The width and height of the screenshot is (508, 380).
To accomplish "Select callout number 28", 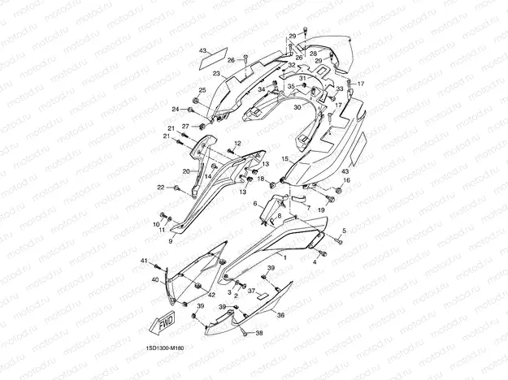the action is [313, 54].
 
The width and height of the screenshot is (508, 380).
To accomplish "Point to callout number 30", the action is [297, 107].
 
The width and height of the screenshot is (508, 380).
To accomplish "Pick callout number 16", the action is [345, 180].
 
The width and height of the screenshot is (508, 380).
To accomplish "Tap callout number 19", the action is [320, 210].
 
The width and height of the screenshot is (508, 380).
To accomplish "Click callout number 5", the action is [343, 231].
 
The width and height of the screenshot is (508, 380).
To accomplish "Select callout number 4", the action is [315, 262].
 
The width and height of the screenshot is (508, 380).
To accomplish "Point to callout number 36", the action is [281, 315].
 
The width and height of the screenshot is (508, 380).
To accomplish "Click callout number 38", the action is [260, 334].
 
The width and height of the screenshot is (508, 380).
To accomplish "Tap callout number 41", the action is [144, 261].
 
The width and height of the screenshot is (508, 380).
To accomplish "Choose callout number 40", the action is [155, 279].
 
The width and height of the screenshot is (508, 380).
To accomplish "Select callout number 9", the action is [171, 241].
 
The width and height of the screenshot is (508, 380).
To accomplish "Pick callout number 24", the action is [175, 109].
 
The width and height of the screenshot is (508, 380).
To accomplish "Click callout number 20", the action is [185, 171].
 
